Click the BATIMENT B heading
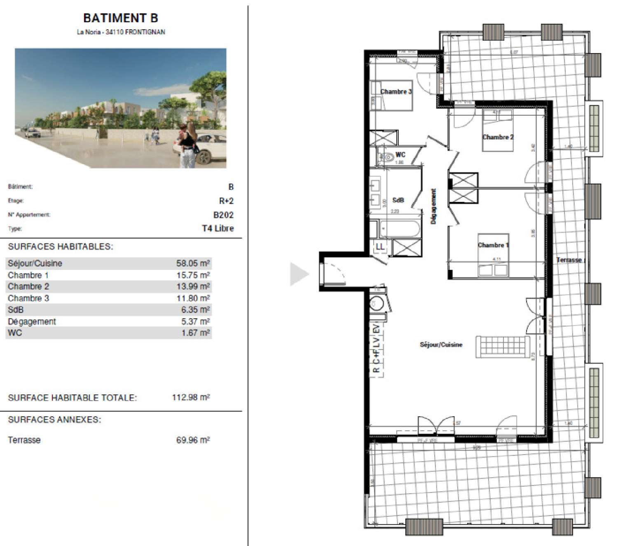pyautogui.click(x=120, y=18)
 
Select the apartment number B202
pyautogui.click(x=223, y=215)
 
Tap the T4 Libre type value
pyautogui.click(x=218, y=229)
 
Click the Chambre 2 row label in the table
pyautogui.click(x=28, y=287)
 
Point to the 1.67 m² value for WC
pyautogui.click(x=196, y=333)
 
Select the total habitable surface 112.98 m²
pyautogui.click(x=191, y=398)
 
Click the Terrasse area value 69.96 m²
pyautogui.click(x=193, y=440)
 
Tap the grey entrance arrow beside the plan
pyautogui.click(x=299, y=274)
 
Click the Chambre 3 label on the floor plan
pyautogui.click(x=396, y=92)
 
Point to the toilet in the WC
pyautogui.click(x=386, y=157)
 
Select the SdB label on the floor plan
pyautogui.click(x=398, y=200)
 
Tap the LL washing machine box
pyautogui.click(x=380, y=247)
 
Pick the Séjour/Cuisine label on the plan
pyautogui.click(x=441, y=345)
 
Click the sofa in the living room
pyautogui.click(x=503, y=347)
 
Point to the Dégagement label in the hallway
pyautogui.click(x=433, y=206)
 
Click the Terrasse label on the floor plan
pyautogui.click(x=569, y=260)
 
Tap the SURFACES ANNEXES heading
pyautogui.click(x=54, y=420)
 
